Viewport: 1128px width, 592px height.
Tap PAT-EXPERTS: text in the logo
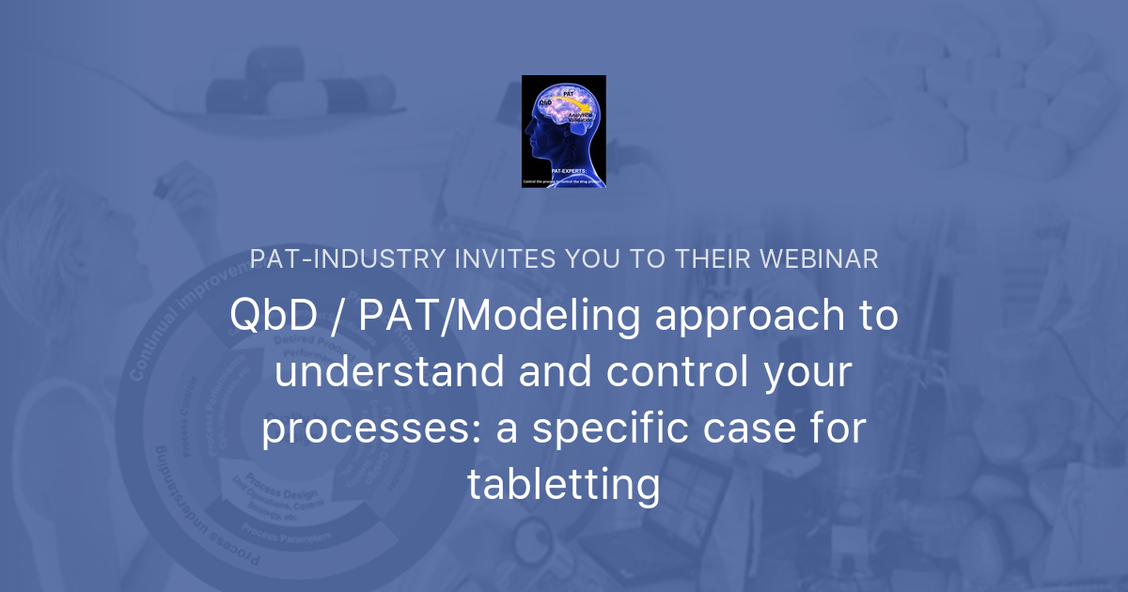pyautogui.click(x=562, y=170)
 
